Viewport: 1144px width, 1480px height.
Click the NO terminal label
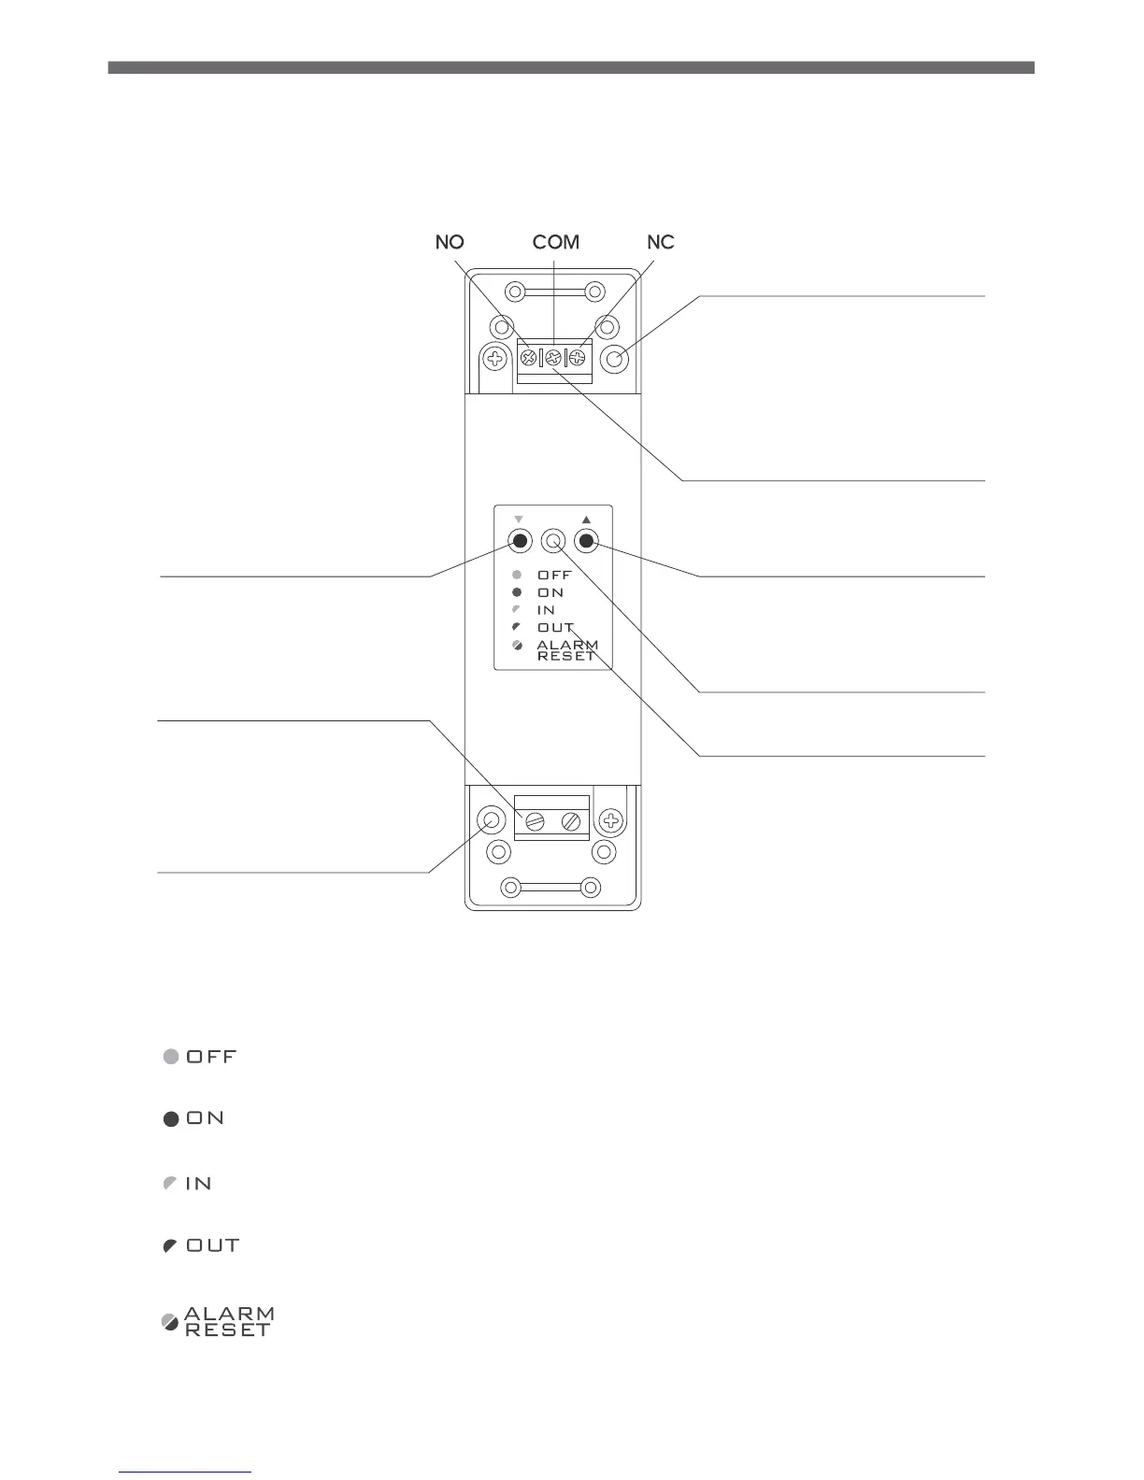pos(450,243)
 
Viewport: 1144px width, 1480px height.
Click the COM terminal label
pos(556,243)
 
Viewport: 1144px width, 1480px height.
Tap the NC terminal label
pos(661,243)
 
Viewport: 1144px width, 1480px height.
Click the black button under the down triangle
pos(521,541)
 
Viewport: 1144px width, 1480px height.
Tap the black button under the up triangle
pos(586,541)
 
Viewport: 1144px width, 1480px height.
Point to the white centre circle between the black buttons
pos(553,541)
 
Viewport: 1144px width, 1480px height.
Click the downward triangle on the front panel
pos(520,519)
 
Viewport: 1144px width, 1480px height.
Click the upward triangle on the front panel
pos(586,519)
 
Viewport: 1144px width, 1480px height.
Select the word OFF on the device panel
pos(554,576)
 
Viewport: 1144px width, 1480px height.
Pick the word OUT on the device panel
pos(555,628)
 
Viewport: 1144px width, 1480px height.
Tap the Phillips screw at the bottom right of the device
pos(611,821)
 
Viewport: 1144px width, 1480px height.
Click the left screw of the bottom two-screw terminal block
pos(535,821)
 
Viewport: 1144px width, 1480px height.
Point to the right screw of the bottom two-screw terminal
pos(571,821)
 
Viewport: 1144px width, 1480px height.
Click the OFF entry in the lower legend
pos(200,1057)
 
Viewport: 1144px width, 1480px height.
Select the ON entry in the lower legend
pos(194,1118)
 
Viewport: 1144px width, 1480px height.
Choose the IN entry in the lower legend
pos(188,1184)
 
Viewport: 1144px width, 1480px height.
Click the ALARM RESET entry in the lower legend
pos(219,1321)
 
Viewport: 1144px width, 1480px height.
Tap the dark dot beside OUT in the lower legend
pos(170,1246)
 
